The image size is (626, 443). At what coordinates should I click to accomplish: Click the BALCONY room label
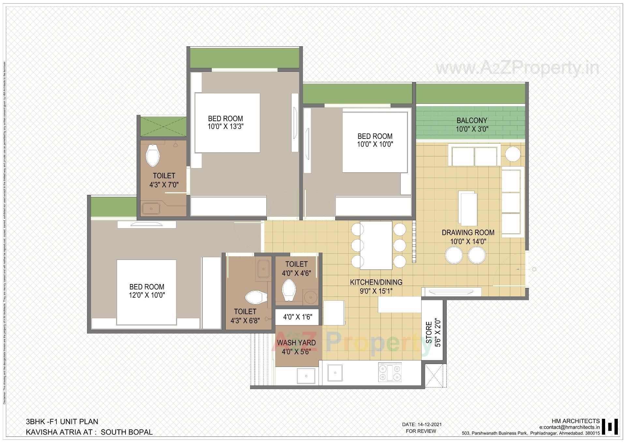471,120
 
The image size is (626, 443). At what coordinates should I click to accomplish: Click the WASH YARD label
296,343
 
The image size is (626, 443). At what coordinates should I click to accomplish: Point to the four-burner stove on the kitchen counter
390,372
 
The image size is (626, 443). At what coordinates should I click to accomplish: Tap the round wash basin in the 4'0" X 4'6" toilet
310,297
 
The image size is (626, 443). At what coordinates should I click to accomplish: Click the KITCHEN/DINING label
376,282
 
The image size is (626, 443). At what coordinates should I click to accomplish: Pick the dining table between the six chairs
376,245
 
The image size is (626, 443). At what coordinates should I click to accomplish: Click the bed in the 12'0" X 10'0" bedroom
146,292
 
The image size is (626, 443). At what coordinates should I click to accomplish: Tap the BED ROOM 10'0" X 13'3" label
225,122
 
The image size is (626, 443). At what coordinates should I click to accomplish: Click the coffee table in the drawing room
468,208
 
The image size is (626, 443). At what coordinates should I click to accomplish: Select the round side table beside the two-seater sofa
513,154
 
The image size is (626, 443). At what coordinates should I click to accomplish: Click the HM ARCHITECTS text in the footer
575,421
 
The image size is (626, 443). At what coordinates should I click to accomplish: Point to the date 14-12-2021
429,425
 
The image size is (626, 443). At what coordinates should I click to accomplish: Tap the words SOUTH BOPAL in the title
127,432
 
